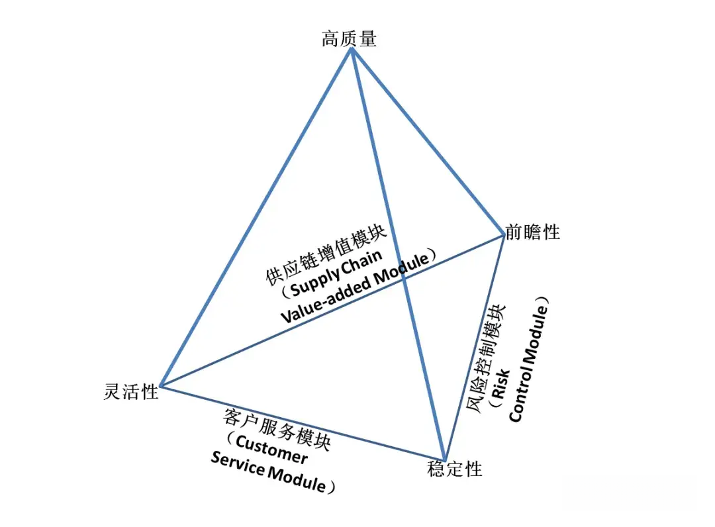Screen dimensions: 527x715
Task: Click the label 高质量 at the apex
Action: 349,40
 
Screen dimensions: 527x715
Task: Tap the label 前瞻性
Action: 532,232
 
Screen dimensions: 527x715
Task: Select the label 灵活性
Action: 131,392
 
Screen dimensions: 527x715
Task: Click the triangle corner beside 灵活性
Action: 161,385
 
